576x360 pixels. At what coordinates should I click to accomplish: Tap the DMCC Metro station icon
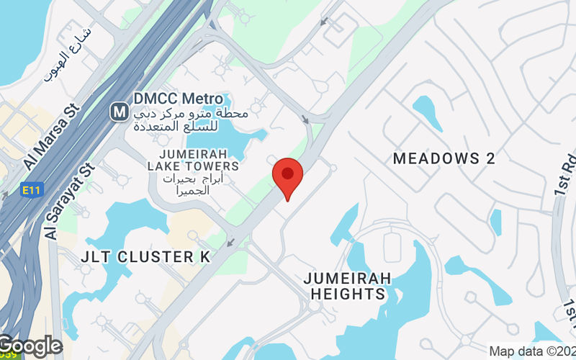[x=120, y=112]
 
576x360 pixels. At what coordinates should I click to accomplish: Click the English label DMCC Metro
[x=171, y=98]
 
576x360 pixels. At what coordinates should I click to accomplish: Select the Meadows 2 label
[x=444, y=159]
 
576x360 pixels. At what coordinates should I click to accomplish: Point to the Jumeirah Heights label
[x=348, y=286]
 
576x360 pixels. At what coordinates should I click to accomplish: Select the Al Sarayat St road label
[x=70, y=201]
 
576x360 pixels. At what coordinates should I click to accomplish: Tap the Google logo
[x=30, y=346]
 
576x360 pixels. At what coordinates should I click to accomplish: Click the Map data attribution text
[x=531, y=351]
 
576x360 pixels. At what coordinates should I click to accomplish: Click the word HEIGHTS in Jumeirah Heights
[x=348, y=294]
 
